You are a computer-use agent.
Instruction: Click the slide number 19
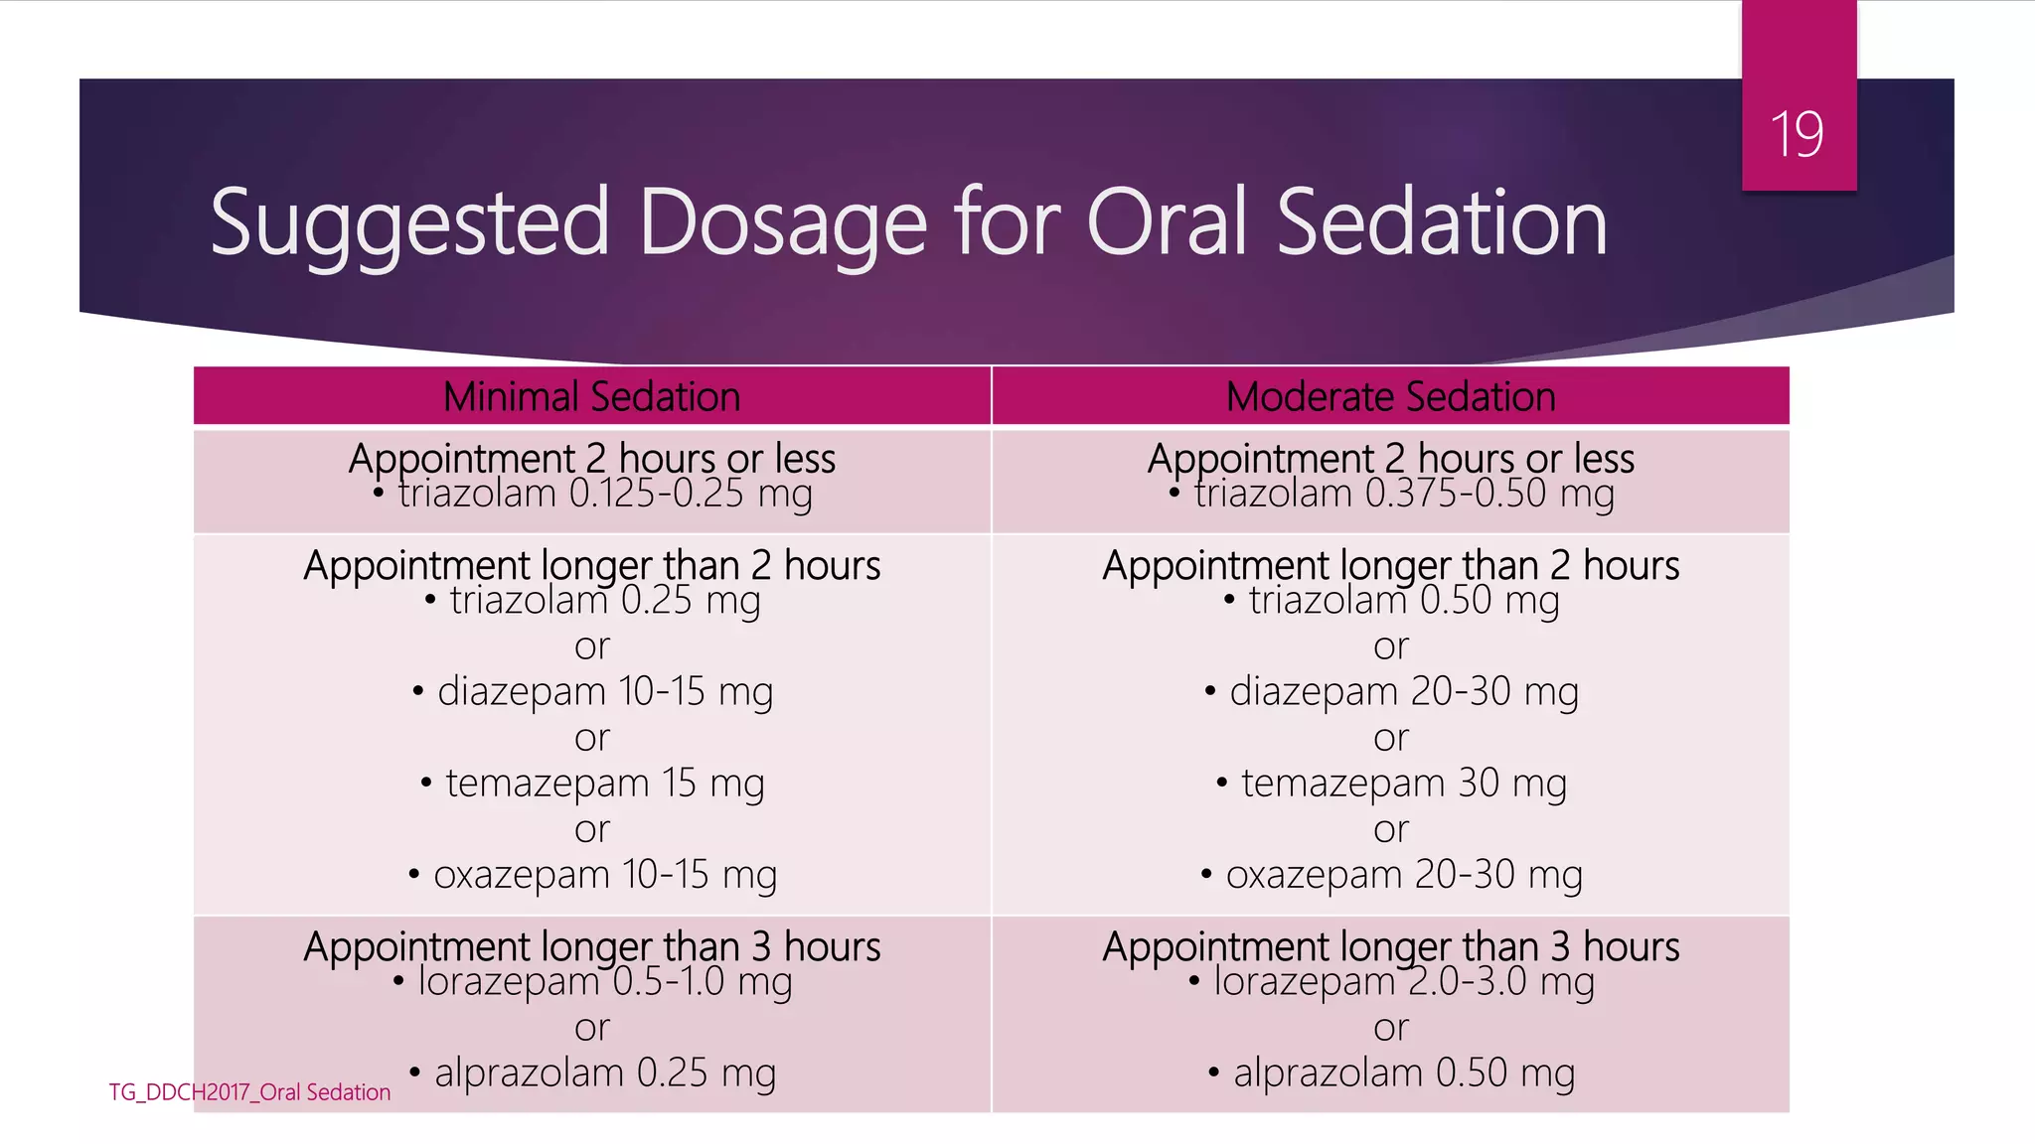[x=1797, y=135]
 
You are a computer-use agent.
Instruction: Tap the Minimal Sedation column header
[x=592, y=397]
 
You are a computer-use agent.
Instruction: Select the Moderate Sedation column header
[x=1390, y=397]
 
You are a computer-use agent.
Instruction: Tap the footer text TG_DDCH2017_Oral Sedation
[x=249, y=1092]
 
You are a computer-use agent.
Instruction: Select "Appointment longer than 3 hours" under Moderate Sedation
[x=1390, y=945]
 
